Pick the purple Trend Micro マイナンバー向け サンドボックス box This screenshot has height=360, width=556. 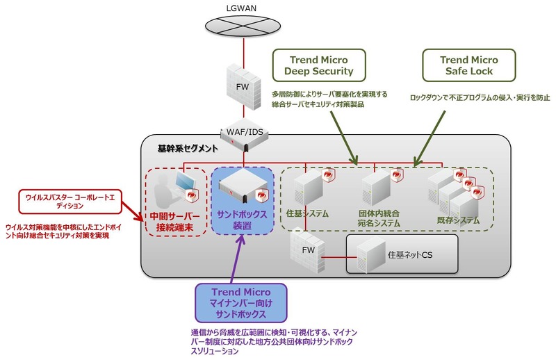pyautogui.click(x=239, y=302)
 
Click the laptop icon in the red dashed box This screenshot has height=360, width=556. pyautogui.click(x=185, y=184)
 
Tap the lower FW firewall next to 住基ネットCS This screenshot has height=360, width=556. pyautogui.click(x=306, y=258)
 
